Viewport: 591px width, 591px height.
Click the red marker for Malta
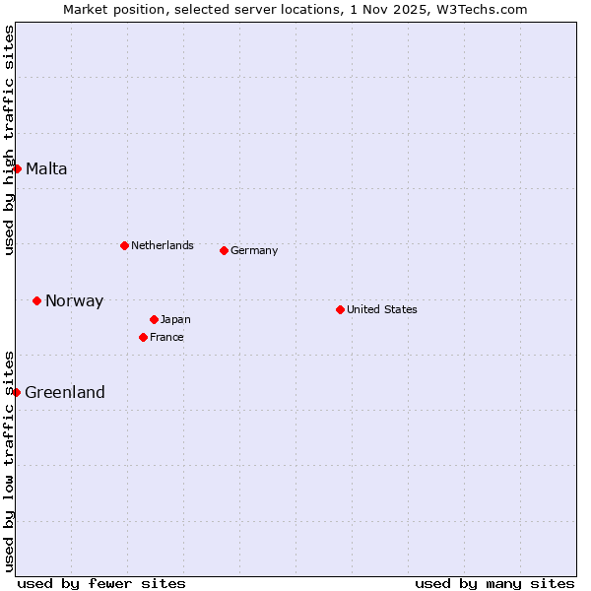click(17, 168)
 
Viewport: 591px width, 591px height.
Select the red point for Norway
click(36, 300)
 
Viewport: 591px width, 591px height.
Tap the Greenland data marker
click(16, 392)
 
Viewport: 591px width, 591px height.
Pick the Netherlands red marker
click(124, 245)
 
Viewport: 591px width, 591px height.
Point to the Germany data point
click(224, 250)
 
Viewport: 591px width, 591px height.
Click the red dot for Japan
click(154, 319)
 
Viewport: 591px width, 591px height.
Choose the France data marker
click(143, 337)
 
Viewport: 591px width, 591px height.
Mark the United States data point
click(340, 309)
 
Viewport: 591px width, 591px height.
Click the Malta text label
click(46, 168)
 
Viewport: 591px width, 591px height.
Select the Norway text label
click(74, 301)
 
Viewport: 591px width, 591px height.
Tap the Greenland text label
click(65, 392)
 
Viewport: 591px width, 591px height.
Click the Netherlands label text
click(163, 245)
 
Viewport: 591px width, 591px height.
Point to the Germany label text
click(254, 250)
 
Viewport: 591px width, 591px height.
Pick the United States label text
click(382, 309)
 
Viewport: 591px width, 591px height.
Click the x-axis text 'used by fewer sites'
click(101, 583)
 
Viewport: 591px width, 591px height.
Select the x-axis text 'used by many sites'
click(494, 583)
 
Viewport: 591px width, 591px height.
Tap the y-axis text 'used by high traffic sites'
click(9, 140)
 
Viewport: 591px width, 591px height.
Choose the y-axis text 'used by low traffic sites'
click(9, 461)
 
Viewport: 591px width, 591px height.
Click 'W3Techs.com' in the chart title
click(489, 9)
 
